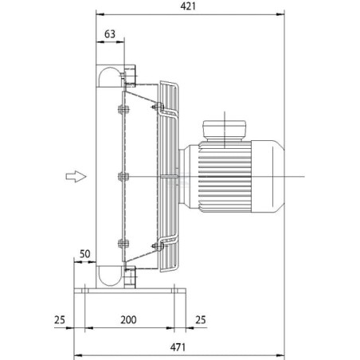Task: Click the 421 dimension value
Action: click(188, 6)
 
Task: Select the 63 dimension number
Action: click(110, 34)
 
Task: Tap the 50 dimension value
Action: click(84, 254)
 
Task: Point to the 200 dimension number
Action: click(128, 320)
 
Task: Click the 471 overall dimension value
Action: click(178, 347)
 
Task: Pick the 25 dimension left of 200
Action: click(60, 320)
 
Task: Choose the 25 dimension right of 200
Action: click(201, 320)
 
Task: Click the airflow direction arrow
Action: click(76, 176)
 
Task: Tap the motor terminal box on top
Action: click(225, 131)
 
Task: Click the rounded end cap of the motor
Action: click(268, 177)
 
